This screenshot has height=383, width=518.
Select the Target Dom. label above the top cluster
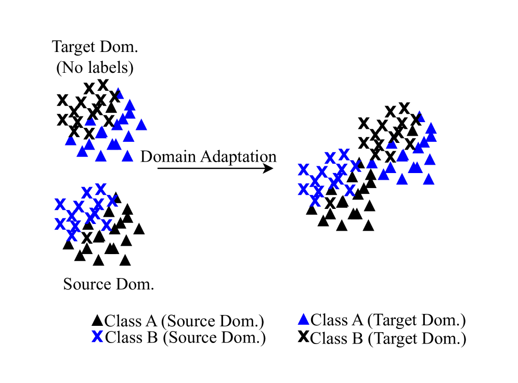[95, 47]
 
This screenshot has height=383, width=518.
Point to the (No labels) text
[95, 67]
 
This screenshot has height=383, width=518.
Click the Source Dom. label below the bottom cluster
[108, 284]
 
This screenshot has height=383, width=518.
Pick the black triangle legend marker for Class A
[97, 320]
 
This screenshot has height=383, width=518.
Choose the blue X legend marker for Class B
[97, 337]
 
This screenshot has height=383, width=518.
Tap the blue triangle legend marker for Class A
[304, 320]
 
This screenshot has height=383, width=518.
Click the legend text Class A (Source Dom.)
[185, 321]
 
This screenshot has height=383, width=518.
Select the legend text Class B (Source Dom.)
[185, 338]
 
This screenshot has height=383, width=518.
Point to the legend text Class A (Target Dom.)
[387, 320]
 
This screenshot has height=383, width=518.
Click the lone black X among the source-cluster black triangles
[87, 237]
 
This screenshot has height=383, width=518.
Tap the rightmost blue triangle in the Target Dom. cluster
[141, 125]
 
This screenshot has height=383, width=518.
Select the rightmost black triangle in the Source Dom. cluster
[139, 229]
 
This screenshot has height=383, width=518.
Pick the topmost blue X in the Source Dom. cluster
[100, 188]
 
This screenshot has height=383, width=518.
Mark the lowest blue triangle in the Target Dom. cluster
[101, 156]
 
